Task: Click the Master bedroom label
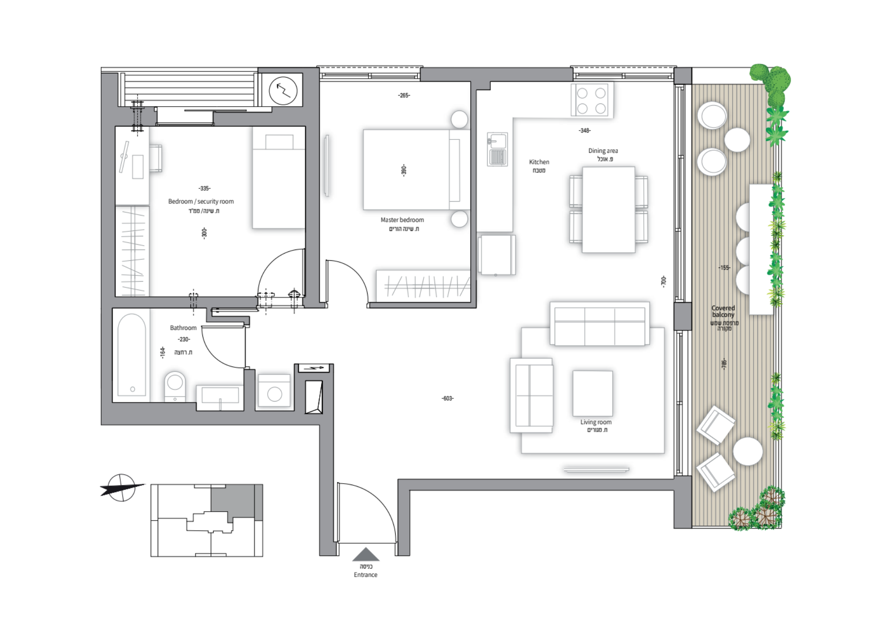[402, 220]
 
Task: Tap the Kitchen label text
[539, 162]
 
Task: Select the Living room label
[596, 422]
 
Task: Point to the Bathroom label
[183, 328]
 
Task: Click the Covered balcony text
[723, 311]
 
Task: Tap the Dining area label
[603, 151]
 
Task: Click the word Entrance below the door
[365, 575]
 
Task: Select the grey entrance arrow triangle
[366, 554]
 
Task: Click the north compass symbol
[122, 488]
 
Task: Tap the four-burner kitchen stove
[591, 100]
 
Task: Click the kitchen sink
[497, 149]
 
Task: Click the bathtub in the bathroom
[132, 355]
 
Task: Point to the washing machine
[274, 391]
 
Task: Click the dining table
[608, 210]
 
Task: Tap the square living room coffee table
[593, 393]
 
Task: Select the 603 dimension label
[448, 398]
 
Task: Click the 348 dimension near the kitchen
[585, 131]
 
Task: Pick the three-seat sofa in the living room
[600, 324]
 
